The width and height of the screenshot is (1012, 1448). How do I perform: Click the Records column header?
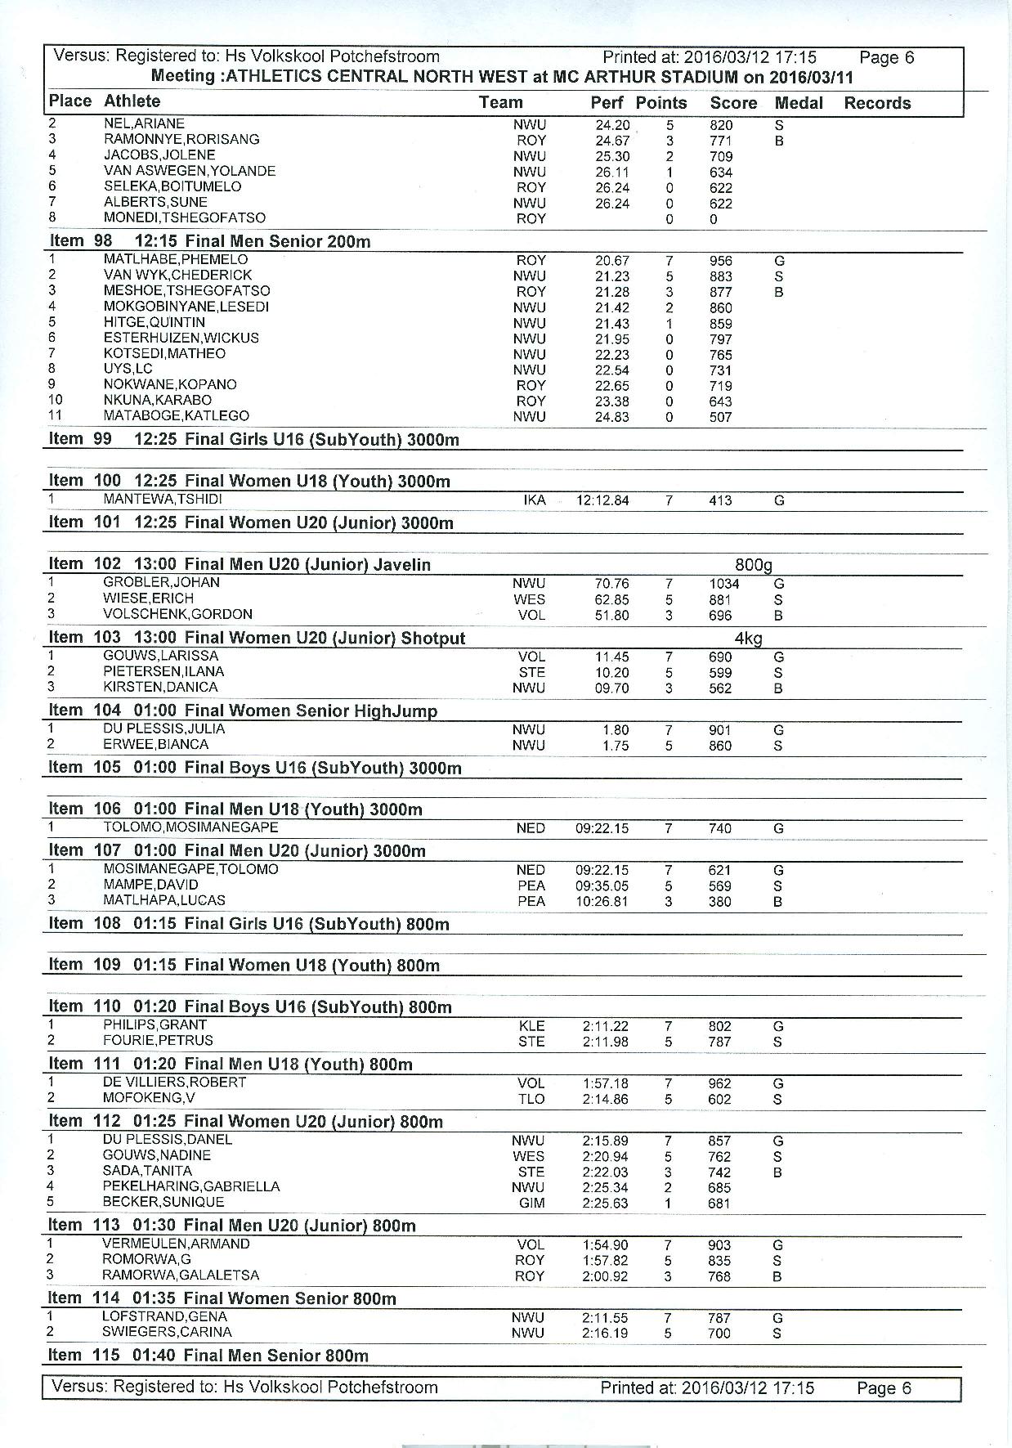[x=876, y=103]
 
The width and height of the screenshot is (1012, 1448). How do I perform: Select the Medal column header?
[x=798, y=103]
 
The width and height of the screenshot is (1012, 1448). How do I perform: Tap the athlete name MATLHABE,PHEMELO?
[x=175, y=259]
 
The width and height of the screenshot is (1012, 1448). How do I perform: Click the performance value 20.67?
[x=611, y=261]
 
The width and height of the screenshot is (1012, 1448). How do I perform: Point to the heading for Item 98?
[x=209, y=241]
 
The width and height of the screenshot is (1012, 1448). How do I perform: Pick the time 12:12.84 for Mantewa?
[x=602, y=500]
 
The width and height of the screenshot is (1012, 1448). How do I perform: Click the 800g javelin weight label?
[x=752, y=565]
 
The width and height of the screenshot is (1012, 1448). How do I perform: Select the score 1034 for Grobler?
[x=723, y=584]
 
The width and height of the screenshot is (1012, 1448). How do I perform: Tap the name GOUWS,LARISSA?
[x=160, y=656]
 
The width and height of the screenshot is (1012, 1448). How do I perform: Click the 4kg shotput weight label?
[x=748, y=639]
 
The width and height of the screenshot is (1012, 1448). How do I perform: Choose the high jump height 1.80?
[x=616, y=730]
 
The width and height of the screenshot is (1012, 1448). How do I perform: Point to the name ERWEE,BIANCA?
[x=155, y=744]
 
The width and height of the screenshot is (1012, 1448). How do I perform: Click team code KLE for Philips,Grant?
[x=531, y=1026]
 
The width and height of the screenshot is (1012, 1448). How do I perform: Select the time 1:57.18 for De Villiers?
[x=605, y=1083]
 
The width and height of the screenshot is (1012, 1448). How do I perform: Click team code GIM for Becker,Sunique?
[x=531, y=1203]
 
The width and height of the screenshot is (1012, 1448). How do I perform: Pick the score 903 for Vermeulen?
[x=719, y=1245]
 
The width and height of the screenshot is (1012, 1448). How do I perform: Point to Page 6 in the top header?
[x=886, y=58]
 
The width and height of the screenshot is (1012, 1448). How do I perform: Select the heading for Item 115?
[x=208, y=1355]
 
